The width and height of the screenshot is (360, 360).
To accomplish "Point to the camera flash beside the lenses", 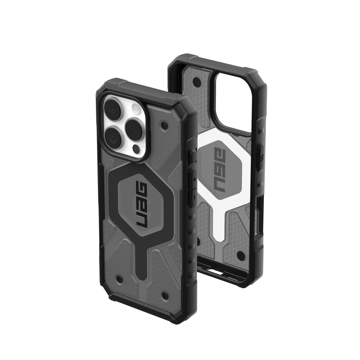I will click(x=136, y=107).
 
